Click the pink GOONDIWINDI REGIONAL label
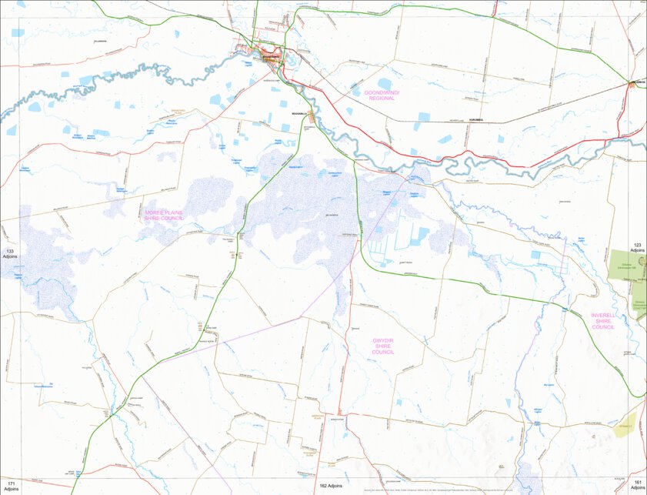[382, 95]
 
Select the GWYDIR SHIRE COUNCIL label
[383, 345]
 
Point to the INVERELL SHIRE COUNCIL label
[603, 321]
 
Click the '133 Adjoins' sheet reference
[10, 255]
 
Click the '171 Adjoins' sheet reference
[10, 485]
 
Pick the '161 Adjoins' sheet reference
[638, 485]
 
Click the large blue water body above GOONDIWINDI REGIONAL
[384, 83]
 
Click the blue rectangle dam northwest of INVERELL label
[535, 254]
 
